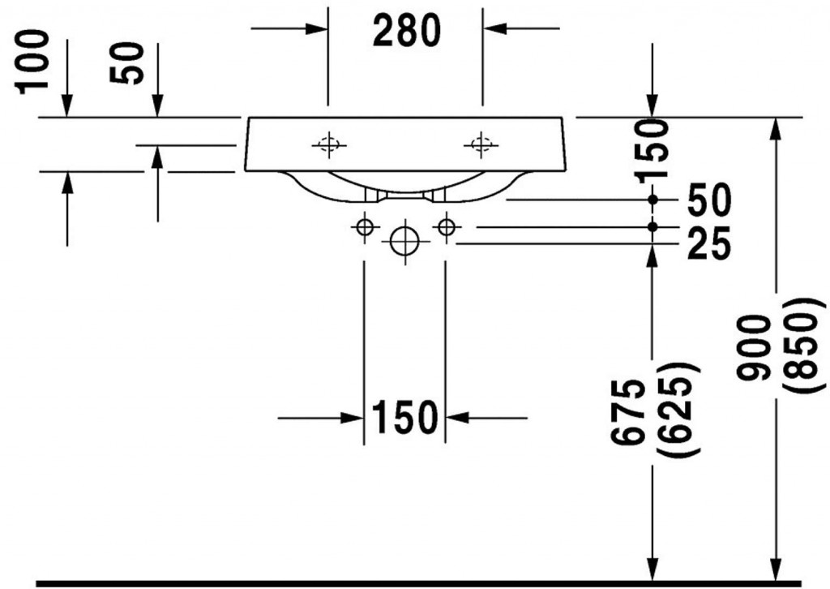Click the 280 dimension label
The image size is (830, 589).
point(407,30)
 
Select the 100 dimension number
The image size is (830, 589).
point(32,62)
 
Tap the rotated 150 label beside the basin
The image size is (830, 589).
point(652,152)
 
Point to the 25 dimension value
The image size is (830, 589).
point(708,244)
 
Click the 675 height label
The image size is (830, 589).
point(628,411)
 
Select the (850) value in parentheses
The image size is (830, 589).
point(802,346)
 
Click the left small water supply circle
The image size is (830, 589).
point(365,228)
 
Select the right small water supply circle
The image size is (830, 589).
point(447,228)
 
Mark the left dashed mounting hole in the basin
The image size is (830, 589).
point(329,144)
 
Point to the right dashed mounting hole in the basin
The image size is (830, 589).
point(481,144)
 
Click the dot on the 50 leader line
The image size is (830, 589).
point(652,200)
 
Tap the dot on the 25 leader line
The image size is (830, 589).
point(652,226)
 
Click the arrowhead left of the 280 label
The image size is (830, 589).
point(317,28)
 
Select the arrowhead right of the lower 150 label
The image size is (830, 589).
point(458,417)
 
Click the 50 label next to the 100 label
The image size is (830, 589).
point(126,62)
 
